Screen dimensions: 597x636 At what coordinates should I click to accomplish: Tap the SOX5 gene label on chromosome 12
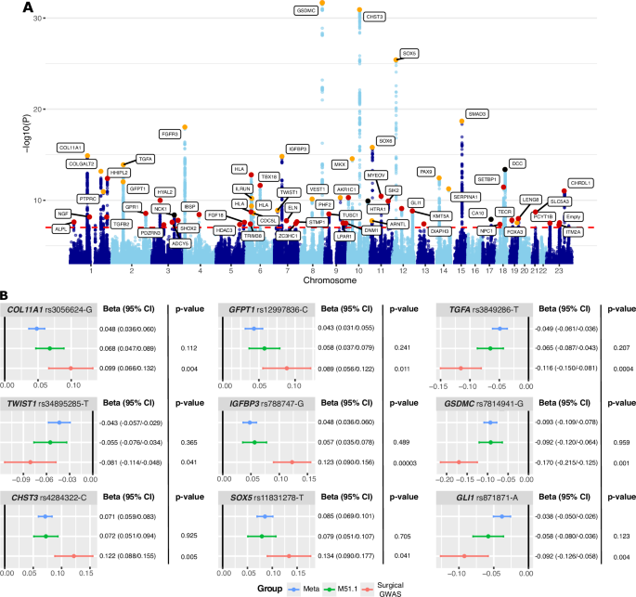(x=409, y=52)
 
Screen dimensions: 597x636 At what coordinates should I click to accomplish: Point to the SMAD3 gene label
(x=477, y=113)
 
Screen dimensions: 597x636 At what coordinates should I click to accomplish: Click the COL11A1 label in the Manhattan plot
(x=71, y=147)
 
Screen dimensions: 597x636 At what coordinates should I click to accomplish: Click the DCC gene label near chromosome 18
(x=518, y=163)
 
